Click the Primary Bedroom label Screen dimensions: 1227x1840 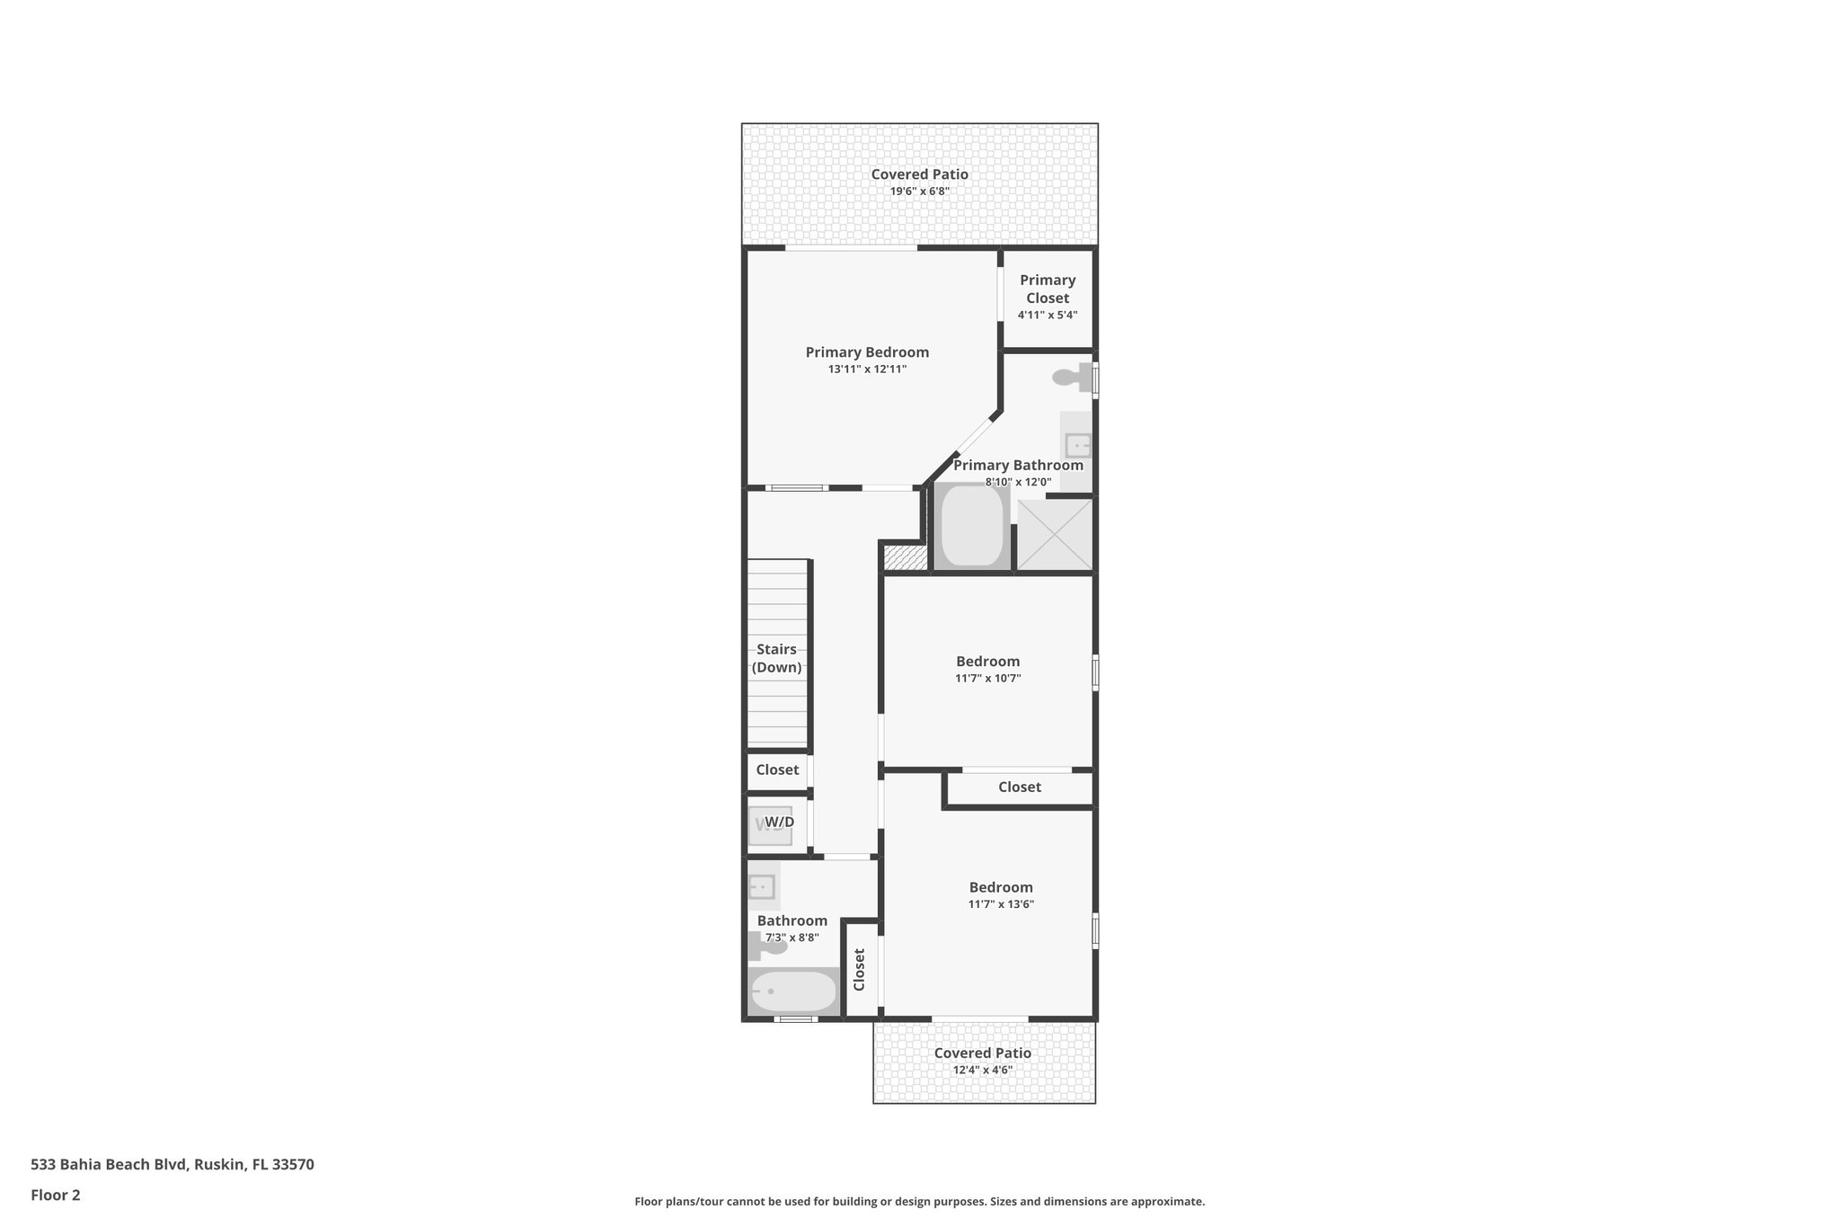(867, 352)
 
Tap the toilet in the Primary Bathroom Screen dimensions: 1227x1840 (1072, 378)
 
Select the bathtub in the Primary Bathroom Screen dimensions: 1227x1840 (971, 526)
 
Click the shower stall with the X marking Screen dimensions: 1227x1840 (1055, 534)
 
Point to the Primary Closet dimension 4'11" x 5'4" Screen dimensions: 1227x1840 (1048, 316)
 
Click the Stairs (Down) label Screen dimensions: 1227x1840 (777, 658)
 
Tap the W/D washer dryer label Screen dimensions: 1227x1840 (779, 822)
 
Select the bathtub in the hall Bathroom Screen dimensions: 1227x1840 (793, 992)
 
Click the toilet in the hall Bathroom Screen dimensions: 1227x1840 (767, 946)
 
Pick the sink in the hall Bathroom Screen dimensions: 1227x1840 (762, 887)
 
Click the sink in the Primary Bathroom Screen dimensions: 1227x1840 (1076, 445)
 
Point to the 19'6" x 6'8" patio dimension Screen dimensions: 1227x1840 (919, 191)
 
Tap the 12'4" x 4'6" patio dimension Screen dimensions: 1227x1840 (982, 1070)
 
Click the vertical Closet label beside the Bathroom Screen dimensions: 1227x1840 (859, 969)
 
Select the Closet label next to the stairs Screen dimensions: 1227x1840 (777, 769)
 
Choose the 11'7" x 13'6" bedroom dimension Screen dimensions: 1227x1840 (1001, 904)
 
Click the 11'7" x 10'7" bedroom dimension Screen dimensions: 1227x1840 (987, 679)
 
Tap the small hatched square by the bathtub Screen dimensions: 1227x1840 (904, 557)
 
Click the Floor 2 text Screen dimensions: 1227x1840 (56, 1195)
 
